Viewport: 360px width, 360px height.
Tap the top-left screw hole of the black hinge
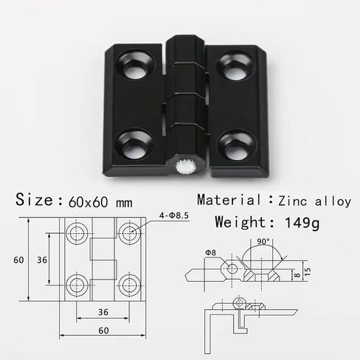tap(136, 64)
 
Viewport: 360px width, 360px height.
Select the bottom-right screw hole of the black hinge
tap(237, 145)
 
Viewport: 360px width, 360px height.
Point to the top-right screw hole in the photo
tap(235, 65)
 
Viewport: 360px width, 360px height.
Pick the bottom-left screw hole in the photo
tap(134, 145)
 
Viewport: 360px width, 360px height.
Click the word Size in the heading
tap(34, 199)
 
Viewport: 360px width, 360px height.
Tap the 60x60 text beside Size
tap(89, 202)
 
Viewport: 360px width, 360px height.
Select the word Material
tap(229, 199)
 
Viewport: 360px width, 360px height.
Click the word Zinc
tap(293, 201)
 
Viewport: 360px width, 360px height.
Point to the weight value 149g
tap(302, 223)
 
